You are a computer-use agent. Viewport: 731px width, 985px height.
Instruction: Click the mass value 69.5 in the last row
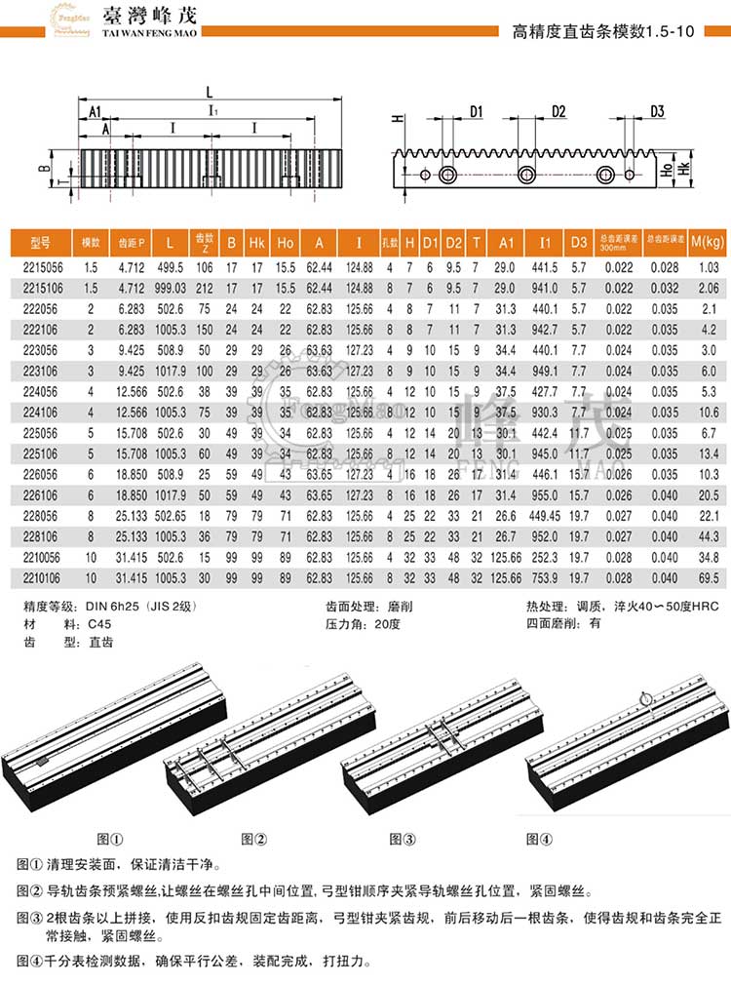coord(709,579)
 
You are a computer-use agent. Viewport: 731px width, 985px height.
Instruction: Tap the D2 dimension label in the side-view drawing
coord(558,111)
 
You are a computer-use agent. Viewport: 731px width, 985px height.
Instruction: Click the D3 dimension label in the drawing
coord(656,111)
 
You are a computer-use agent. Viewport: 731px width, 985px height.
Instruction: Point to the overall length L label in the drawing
coord(210,91)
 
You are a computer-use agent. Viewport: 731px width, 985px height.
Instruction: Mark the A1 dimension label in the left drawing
coord(96,113)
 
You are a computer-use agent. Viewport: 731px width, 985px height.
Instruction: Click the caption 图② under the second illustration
coord(253,839)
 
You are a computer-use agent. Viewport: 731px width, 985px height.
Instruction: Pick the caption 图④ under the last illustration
coord(539,839)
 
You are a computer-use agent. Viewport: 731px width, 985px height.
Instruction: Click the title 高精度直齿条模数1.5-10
coord(603,30)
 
